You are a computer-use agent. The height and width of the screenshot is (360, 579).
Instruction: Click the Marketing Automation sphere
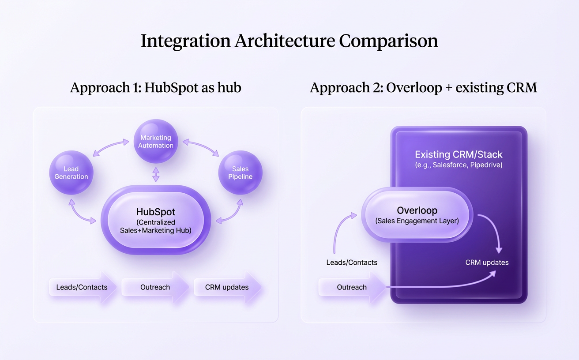coord(156,141)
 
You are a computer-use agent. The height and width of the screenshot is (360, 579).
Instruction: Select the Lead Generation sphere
coord(71,172)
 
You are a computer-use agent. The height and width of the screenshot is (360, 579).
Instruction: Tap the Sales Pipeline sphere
coord(240,172)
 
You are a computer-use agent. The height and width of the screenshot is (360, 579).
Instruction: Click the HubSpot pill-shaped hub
coord(155,219)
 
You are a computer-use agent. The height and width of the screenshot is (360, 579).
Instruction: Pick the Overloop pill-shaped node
coord(417,215)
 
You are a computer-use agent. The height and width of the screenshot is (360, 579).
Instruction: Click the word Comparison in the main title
coord(388,41)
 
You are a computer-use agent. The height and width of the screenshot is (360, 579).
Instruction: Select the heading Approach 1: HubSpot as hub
coord(155,87)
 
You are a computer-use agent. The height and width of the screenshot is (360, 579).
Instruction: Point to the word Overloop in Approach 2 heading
coord(414,87)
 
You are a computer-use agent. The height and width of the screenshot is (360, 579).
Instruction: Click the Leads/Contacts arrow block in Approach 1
coord(82,287)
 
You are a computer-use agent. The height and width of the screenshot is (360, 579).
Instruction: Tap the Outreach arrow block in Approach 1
coord(155,287)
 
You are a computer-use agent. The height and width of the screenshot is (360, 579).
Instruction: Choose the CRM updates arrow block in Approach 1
coord(227,287)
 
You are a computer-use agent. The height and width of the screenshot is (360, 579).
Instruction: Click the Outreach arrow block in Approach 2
coord(352,287)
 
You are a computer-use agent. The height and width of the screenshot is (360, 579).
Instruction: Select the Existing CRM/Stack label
coord(459,155)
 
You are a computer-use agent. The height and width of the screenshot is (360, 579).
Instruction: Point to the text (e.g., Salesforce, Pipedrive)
coord(459,165)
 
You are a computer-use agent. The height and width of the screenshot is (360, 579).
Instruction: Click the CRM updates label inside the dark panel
coord(487,262)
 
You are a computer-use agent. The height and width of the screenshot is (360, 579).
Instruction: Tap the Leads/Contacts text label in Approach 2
coord(352,262)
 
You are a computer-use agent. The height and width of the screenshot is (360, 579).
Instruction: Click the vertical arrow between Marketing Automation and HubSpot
coord(156,174)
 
